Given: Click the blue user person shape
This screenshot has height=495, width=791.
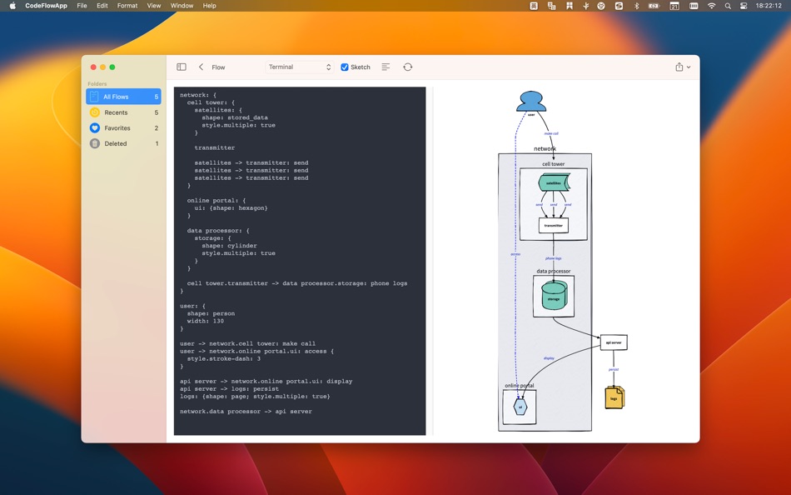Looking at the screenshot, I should (531, 102).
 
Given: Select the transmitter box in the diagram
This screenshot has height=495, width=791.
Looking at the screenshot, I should (554, 225).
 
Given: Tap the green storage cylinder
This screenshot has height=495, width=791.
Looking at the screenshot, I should (554, 296).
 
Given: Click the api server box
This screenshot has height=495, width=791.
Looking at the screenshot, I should (614, 342).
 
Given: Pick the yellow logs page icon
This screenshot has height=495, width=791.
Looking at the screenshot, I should (614, 397).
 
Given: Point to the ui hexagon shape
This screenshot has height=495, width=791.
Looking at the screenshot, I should (520, 407).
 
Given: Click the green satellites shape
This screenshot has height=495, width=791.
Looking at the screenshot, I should (554, 182).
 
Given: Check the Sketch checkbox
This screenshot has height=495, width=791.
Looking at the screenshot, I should (345, 67).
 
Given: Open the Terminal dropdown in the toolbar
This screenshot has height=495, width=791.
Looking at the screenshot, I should (300, 67).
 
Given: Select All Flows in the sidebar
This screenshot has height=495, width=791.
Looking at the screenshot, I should (123, 97).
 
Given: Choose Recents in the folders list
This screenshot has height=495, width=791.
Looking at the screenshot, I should (123, 112).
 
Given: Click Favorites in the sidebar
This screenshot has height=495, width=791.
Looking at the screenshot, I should (123, 128).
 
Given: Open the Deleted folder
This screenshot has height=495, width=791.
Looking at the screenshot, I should (123, 143).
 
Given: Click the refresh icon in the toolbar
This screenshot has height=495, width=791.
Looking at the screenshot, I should (407, 67).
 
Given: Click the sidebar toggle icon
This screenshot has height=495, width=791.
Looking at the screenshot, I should (182, 67).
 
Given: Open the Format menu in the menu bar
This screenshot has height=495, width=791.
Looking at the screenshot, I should (127, 6).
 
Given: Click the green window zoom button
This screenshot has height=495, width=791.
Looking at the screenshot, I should (112, 67).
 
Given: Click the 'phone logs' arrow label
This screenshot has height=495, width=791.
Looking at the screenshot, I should (554, 258).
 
